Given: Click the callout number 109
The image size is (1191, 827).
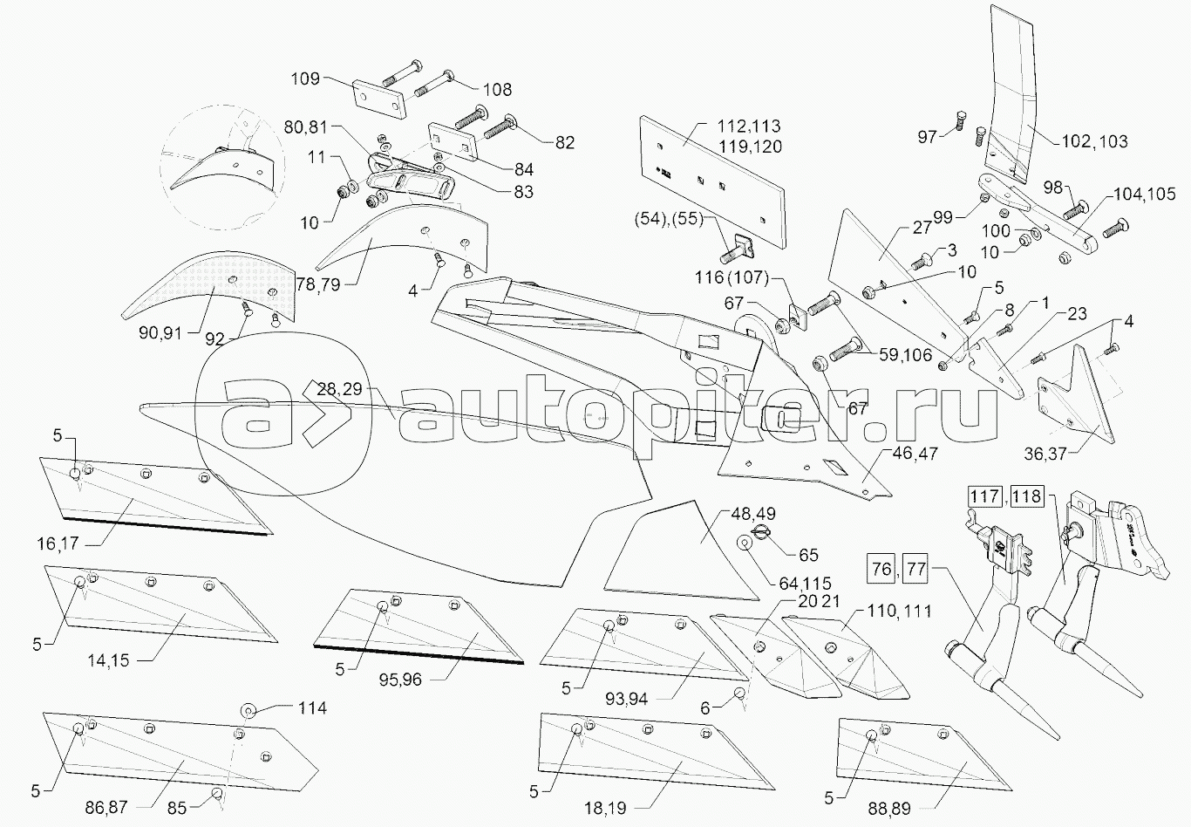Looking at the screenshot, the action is tap(304, 79).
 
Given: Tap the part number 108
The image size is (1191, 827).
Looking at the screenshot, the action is tap(497, 89).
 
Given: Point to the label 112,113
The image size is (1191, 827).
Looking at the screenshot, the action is tap(749, 126).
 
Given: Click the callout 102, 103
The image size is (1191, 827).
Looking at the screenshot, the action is tap(1094, 141).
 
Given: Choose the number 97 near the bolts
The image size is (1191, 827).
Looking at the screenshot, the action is tap(927, 137).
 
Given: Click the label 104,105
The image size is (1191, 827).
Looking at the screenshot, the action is tap(1144, 195).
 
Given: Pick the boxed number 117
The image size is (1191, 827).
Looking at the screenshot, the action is tap(984, 496).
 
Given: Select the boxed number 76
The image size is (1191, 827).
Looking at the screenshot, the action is tap(881, 569).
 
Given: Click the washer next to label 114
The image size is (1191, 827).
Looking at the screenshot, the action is tap(248, 710).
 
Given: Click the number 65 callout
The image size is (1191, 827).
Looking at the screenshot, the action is tap(808, 555).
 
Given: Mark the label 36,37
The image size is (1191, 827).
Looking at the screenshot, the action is tap(1045, 455).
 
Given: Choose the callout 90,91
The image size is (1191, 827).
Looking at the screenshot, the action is tap(160, 333).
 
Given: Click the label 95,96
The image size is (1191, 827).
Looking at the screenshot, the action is tap(400, 680).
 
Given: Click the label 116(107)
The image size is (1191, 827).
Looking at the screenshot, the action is tap(732, 277).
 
